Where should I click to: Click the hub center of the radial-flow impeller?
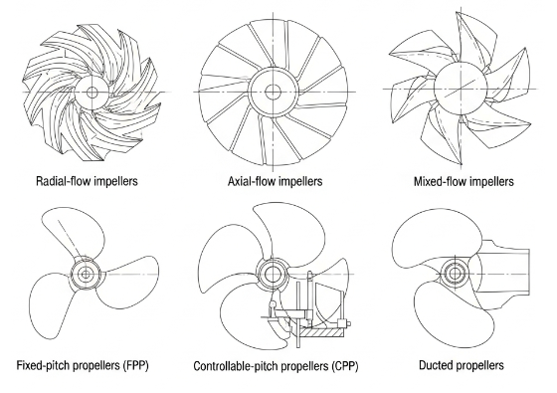(93, 92)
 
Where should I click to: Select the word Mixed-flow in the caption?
(440, 182)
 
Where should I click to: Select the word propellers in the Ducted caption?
(479, 366)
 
